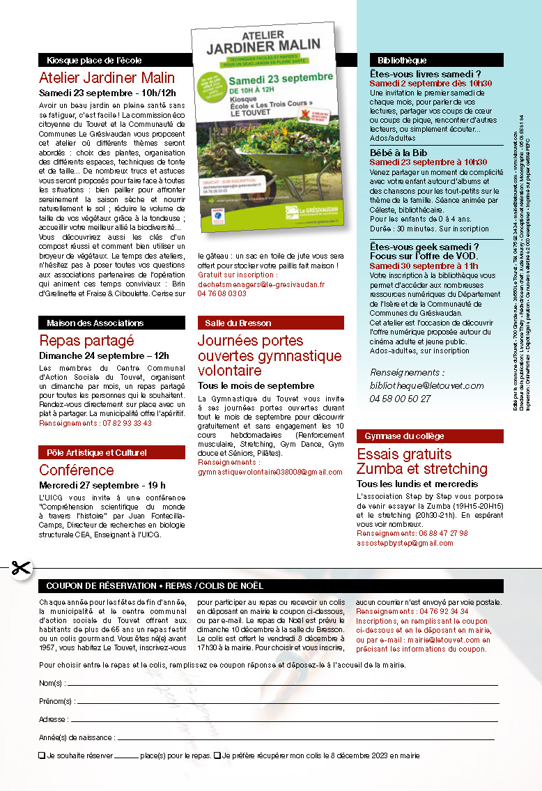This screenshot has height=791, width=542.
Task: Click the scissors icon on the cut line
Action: click(x=22, y=568)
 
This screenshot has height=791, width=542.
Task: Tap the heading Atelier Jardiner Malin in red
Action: click(x=107, y=77)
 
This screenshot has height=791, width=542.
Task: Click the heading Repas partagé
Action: click(x=86, y=341)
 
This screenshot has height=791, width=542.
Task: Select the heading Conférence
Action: click(x=76, y=470)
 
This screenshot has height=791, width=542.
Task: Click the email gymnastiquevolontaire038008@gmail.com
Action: click(x=270, y=472)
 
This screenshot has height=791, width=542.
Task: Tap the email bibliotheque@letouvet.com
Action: click(x=426, y=385)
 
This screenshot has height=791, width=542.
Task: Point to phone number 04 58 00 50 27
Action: click(x=400, y=399)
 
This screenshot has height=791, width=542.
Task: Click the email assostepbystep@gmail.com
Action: click(x=405, y=543)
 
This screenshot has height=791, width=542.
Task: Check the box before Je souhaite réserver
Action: click(x=42, y=755)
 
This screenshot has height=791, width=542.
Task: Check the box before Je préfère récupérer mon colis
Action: click(x=217, y=755)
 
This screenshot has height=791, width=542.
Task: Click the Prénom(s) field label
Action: click(x=56, y=701)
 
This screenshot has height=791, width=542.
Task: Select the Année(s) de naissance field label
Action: click(x=77, y=737)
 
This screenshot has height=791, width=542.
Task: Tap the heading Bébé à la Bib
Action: click(x=398, y=153)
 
